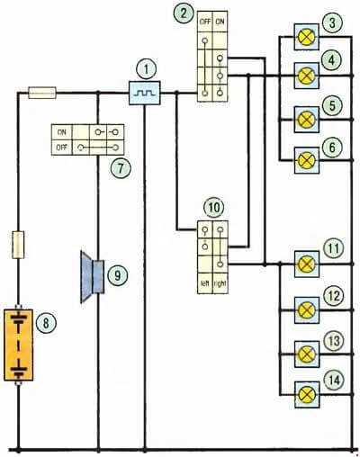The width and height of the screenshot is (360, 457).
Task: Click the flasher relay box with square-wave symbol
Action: pyautogui.click(x=145, y=93)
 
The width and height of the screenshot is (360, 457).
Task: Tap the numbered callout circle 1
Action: pyautogui.click(x=146, y=70)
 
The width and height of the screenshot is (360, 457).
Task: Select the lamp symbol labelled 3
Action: pyautogui.click(x=307, y=37)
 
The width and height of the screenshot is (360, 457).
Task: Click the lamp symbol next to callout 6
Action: pyautogui.click(x=307, y=160)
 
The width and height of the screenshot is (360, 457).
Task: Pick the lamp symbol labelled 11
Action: pyautogui.click(x=307, y=264)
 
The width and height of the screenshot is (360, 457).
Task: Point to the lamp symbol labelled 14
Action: pyautogui.click(x=307, y=394)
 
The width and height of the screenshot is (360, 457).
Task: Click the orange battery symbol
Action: pyautogui.click(x=18, y=345)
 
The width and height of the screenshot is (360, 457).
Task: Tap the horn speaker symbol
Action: pyautogui.click(x=93, y=277)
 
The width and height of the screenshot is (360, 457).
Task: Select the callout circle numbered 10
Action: pyautogui.click(x=213, y=208)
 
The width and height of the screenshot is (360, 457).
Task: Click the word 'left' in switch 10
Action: pyautogui.click(x=204, y=283)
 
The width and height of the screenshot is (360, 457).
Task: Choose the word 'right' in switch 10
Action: pyautogui.click(x=220, y=283)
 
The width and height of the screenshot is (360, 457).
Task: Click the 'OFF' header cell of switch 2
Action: pyautogui.click(x=205, y=22)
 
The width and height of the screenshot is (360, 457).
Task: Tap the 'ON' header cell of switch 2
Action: pyautogui.click(x=220, y=22)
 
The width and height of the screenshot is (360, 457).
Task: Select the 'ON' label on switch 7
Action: pyautogui.click(x=61, y=132)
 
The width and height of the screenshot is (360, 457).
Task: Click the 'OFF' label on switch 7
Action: pyautogui.click(x=61, y=148)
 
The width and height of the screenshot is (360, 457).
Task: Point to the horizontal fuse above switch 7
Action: pyautogui.click(x=42, y=93)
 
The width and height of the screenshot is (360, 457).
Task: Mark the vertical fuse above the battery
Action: pyautogui.click(x=18, y=245)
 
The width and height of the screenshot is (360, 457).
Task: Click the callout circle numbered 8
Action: pyautogui.click(x=46, y=323)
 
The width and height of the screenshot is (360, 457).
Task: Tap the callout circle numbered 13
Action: pyautogui.click(x=334, y=341)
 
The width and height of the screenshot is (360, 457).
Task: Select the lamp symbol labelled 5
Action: pyautogui.click(x=307, y=120)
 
